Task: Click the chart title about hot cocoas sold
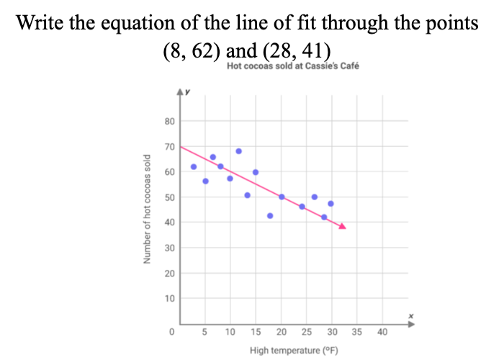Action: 292,66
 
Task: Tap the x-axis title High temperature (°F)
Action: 294,351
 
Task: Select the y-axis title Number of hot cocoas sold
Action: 147,209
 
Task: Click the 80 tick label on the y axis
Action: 170,121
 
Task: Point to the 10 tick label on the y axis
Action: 170,298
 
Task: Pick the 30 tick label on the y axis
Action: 170,248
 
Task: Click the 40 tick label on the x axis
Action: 382,332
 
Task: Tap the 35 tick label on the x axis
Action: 357,332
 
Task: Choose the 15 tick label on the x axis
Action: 256,332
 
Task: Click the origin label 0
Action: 172,332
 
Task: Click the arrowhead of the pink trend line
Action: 342,227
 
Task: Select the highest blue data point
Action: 239,151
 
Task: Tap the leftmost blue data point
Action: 193,167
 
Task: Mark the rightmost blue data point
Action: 330,204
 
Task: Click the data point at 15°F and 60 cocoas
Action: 256,172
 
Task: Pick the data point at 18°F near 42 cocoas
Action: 270,216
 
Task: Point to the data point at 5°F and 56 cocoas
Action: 206,181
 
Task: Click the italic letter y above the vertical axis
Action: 187,91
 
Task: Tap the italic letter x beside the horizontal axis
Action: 410,316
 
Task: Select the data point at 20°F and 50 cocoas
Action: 282,197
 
